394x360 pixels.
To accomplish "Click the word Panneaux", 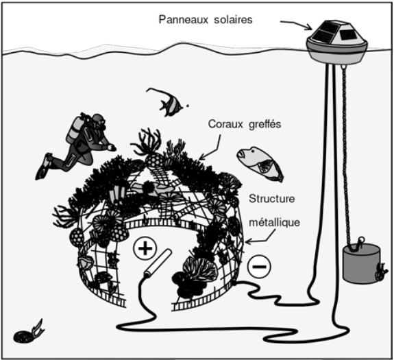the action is pos(184,20).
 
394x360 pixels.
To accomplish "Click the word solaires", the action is pos(233,20).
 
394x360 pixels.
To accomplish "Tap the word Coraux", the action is pos(225,124).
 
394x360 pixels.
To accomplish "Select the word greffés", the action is pos(265,125).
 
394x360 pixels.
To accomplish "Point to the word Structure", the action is pos(271,199).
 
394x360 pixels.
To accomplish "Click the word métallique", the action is pos(274,222).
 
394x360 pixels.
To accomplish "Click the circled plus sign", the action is pos(145,248).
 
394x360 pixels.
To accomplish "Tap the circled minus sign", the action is pos(259,267).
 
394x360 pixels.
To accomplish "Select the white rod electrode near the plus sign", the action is pos(158,262).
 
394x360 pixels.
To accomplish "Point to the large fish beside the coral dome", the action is pos(260,164).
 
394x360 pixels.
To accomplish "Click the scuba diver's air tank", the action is pos(74,128).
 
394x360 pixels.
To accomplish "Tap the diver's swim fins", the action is pos(44,166).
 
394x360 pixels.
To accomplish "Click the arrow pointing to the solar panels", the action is pos(297,24).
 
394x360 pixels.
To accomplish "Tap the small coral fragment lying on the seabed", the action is pos(28,333).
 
